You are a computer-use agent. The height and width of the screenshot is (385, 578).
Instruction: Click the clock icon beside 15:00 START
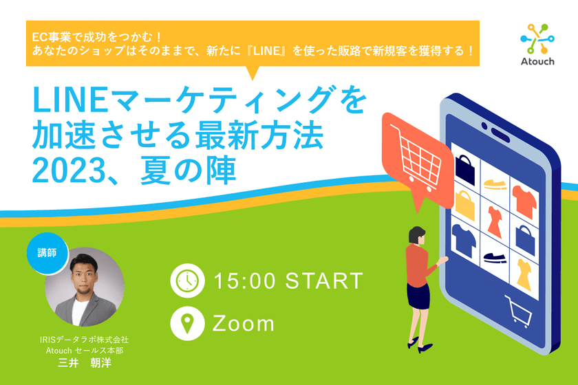[x=187, y=280]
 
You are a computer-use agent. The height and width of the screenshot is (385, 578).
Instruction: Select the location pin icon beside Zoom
[x=187, y=323]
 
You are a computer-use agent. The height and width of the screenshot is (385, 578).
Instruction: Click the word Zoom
[x=244, y=323]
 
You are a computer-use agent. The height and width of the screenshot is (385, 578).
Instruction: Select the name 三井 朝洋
[x=83, y=363]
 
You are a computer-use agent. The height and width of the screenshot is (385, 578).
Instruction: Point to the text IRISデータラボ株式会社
[x=83, y=340]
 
